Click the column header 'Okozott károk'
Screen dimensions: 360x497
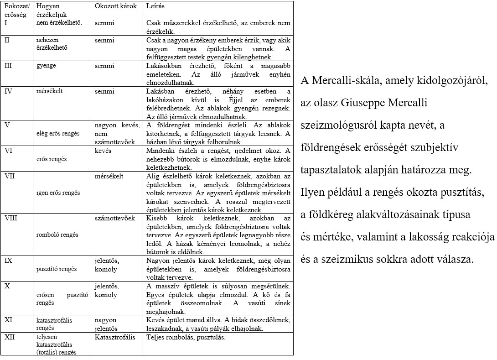[x=112, y=7]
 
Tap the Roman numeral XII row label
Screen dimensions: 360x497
[x=10, y=338]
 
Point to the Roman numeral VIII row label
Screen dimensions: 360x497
[x=10, y=218]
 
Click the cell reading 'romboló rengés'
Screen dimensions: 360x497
[x=57, y=235]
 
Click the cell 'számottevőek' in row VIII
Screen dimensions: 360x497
[x=115, y=218]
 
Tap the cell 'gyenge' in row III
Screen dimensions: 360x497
[x=46, y=66]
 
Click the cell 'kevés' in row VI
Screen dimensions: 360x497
[x=103, y=151]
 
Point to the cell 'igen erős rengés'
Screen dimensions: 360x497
[x=58, y=193]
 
